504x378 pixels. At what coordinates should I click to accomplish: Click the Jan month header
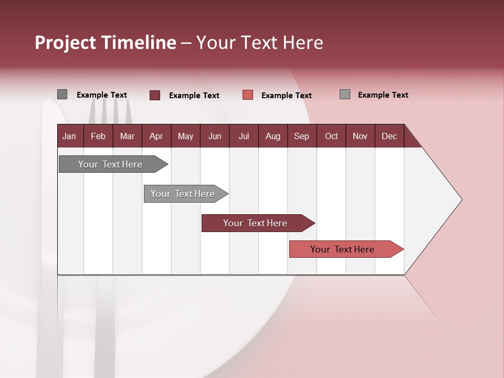[x=69, y=136]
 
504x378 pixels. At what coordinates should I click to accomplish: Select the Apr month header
[x=156, y=136]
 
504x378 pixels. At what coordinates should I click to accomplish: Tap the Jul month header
[x=244, y=136]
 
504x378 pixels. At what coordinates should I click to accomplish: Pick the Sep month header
[x=301, y=136]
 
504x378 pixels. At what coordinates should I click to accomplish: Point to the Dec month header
[x=389, y=136]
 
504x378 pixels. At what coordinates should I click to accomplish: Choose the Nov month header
[x=360, y=136]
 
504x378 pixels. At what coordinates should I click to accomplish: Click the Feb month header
[x=98, y=136]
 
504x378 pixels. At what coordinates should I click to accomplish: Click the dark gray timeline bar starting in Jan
[x=110, y=164]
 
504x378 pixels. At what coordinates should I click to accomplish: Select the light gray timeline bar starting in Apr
[x=183, y=194]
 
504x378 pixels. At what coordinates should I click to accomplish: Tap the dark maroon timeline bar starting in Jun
[x=255, y=223]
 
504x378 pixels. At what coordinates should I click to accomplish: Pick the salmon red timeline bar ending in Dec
[x=342, y=249]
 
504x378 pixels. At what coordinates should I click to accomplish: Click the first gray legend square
[x=62, y=94]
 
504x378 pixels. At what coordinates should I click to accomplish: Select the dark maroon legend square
[x=155, y=95]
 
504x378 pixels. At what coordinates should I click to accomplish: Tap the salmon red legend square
[x=248, y=95]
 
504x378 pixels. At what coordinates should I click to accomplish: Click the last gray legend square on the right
[x=345, y=94]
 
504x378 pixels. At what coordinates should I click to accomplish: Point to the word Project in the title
[x=65, y=43]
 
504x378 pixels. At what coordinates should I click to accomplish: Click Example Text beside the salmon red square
[x=286, y=96]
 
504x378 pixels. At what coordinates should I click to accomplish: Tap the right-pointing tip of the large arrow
[x=460, y=199]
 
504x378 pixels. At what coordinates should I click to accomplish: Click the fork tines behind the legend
[x=110, y=111]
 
